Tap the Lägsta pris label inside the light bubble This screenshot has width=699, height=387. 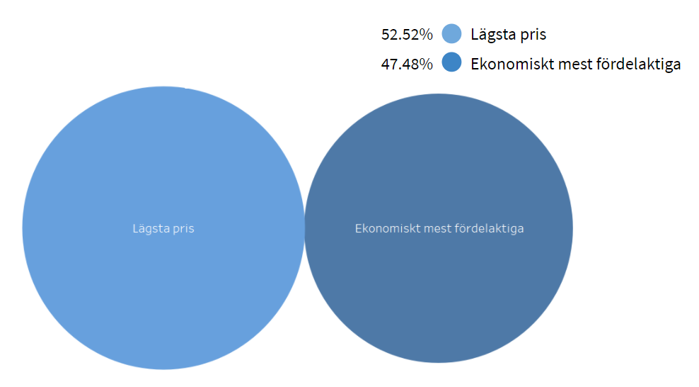pos(163,229)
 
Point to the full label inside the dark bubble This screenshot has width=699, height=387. pos(439,229)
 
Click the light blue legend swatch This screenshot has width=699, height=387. pos(451,33)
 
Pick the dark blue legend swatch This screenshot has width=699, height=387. pos(451,63)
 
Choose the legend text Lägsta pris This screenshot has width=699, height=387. pos(509,34)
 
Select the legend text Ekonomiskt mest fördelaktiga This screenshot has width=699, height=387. pos(576,64)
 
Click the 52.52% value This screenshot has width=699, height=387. pos(407,34)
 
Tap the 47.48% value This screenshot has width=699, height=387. pos(407,64)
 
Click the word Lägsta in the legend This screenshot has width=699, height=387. pos(495,34)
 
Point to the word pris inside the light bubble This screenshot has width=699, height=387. pos(183,229)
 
